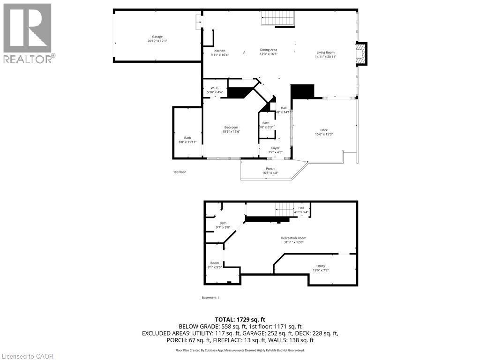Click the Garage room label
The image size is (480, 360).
[157, 37]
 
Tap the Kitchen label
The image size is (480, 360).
[220, 51]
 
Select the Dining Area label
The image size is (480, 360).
[269, 50]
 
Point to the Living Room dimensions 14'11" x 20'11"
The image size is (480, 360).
[325, 57]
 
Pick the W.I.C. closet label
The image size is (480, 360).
[215, 88]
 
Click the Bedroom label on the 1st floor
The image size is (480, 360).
[231, 127]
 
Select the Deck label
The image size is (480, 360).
[324, 130]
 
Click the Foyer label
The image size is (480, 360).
[276, 148]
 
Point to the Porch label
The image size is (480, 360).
[270, 169]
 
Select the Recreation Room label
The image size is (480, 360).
[293, 238]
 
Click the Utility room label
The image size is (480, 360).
[321, 266]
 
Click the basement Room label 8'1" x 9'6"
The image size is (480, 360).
[215, 263]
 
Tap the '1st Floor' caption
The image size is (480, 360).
[180, 172]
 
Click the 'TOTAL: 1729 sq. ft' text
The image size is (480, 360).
[240, 319]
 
